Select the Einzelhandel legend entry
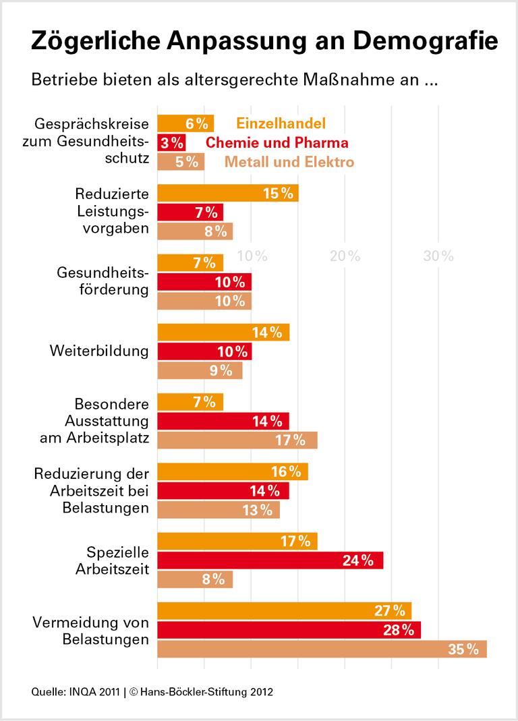click(x=281, y=123)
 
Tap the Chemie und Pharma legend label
click(x=277, y=143)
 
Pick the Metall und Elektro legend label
click(x=289, y=162)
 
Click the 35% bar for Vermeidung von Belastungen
click(x=322, y=649)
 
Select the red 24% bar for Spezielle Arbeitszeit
click(x=270, y=560)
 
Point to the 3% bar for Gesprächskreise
click(x=171, y=143)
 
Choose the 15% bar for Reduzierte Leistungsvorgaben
click(x=227, y=194)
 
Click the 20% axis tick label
click(x=345, y=256)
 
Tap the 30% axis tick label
click(x=438, y=256)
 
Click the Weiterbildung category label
click(x=98, y=351)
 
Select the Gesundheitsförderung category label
click(x=102, y=282)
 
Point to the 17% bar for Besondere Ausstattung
click(x=237, y=440)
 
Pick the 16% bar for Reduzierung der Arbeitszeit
click(x=232, y=471)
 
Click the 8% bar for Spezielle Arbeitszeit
click(x=195, y=579)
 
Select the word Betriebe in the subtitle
click(x=59, y=81)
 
